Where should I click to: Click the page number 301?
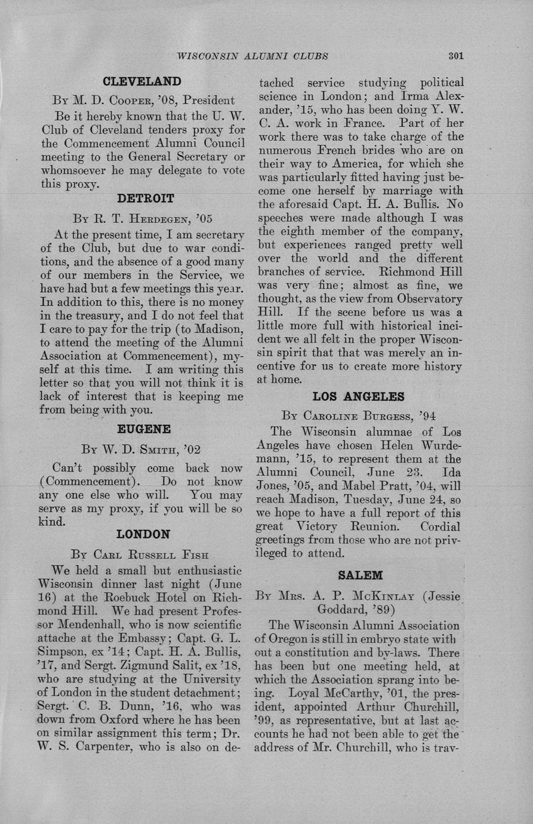pos(455,56)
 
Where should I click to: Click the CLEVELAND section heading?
pos(141,81)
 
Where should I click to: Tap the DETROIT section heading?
pos(146,198)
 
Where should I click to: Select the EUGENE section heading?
pos(144,429)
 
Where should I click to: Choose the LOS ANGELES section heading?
pos(358,396)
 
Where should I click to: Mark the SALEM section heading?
pos(359,575)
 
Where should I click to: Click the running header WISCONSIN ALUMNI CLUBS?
pos(252,56)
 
